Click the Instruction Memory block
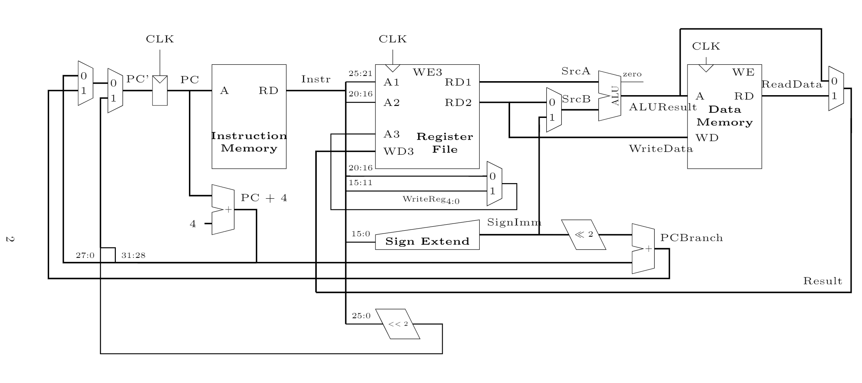248,116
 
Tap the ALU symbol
610,96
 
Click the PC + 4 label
264,198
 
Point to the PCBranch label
691,238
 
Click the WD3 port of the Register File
398,152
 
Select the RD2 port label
458,103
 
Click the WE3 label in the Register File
427,72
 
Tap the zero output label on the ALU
632,74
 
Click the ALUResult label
663,107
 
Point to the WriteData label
661,149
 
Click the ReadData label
792,84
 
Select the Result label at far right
822,281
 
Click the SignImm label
514,222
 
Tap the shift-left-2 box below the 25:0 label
398,324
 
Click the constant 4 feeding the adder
193,224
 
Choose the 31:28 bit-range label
133,255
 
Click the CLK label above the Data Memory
706,46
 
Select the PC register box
160,91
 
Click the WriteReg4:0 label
431,199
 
